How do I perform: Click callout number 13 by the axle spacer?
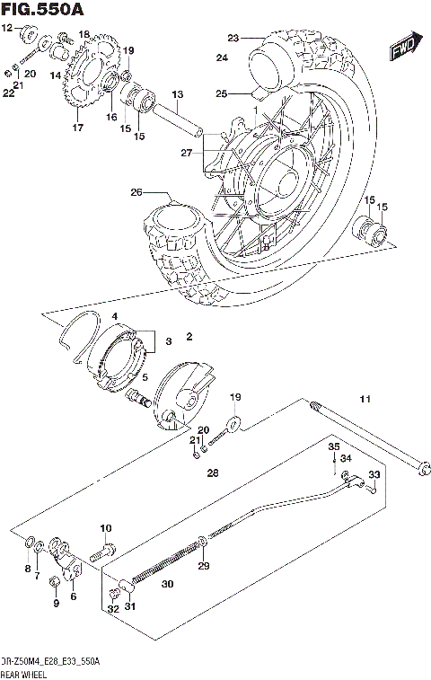click(x=177, y=94)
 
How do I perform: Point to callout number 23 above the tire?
click(x=233, y=38)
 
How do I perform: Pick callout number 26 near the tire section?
click(x=137, y=191)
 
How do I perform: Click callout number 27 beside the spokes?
click(x=186, y=153)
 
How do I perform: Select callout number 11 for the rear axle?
click(x=365, y=399)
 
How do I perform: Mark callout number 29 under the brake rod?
click(x=204, y=566)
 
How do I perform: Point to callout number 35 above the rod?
click(x=333, y=446)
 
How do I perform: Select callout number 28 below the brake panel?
click(x=213, y=472)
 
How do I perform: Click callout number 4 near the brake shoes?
click(x=115, y=316)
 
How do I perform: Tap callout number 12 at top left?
click(x=7, y=29)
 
